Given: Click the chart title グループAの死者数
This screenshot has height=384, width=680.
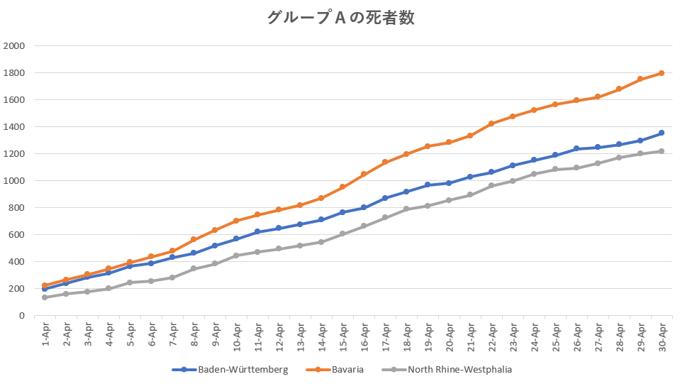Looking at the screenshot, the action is tap(341, 18).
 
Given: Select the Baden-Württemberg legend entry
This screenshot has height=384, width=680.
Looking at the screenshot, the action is tap(230, 370).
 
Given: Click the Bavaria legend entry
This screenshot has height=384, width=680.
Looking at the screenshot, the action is tap(335, 370).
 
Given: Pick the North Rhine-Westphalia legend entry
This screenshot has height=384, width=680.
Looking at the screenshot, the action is tap(447, 370).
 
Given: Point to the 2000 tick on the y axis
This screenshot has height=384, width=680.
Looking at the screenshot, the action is tap(14, 45).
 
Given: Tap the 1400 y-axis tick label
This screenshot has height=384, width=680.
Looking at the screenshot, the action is tap(14, 126).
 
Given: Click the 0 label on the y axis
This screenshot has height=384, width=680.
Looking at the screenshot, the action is tap(22, 315).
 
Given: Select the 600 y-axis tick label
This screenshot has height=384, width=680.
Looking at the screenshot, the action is tap(16, 235).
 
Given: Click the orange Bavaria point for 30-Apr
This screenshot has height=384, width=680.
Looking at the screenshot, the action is tap(662, 73).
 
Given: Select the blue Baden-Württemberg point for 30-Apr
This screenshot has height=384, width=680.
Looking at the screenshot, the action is tap(662, 133).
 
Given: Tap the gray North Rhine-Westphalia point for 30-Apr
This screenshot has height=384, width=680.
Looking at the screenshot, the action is tap(662, 151).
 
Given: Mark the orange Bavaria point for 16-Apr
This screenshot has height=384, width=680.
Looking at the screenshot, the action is tap(364, 174).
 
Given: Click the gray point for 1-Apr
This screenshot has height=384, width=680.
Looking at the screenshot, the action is tap(45, 297).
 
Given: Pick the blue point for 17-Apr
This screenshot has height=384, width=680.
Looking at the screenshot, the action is tap(385, 198).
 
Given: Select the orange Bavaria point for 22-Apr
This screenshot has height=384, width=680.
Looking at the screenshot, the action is tap(491, 124).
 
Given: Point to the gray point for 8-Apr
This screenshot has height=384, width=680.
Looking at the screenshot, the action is tap(194, 268).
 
